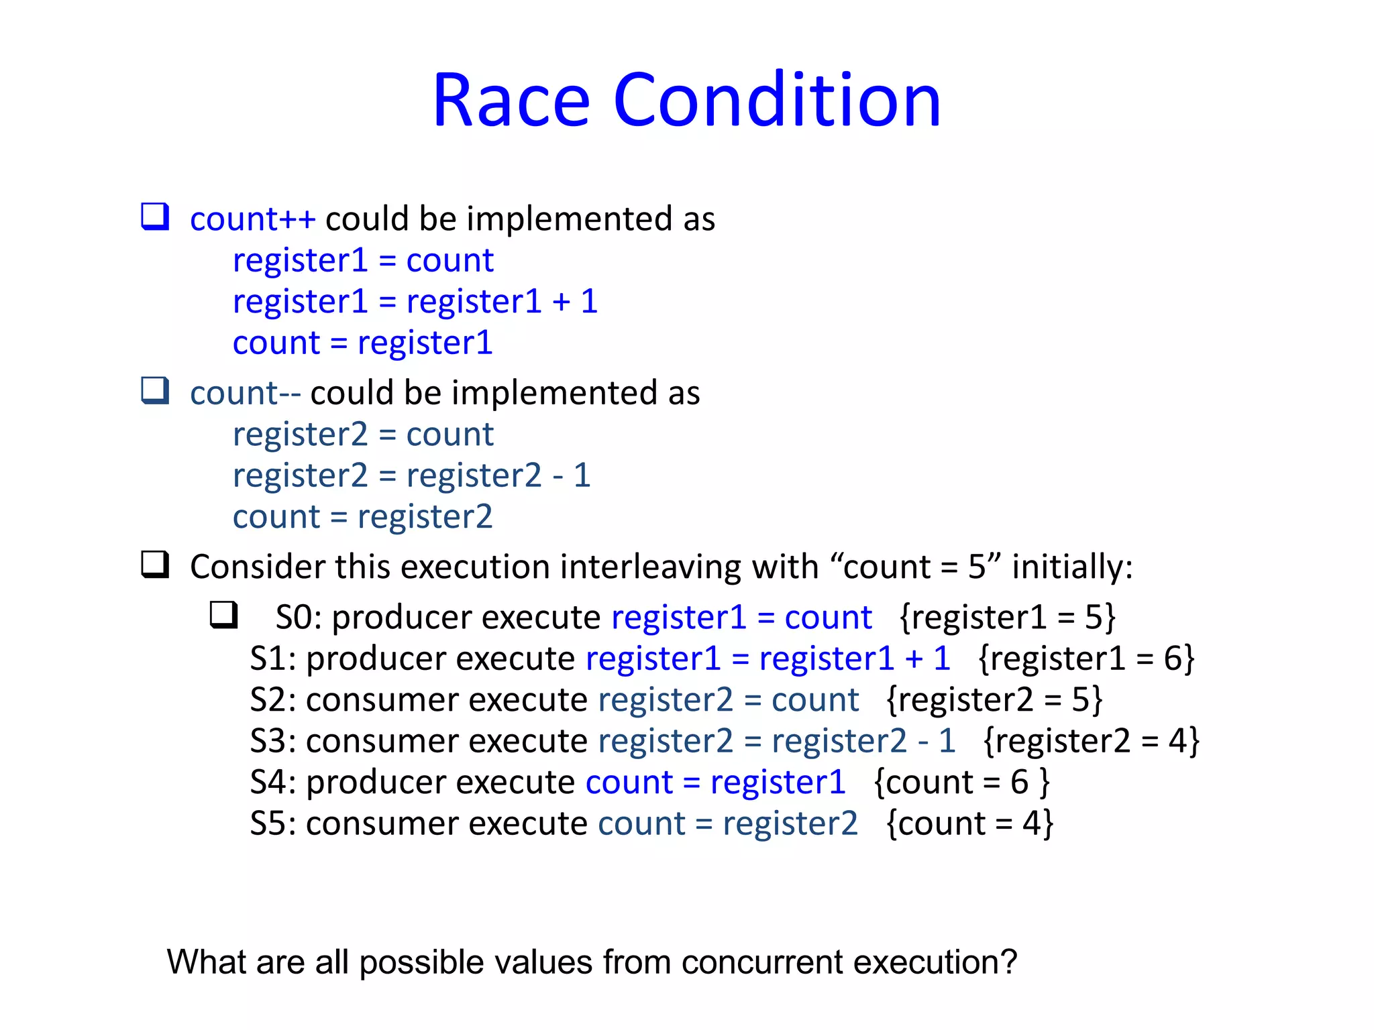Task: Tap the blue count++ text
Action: [x=252, y=219]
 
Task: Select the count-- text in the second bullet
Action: [x=245, y=393]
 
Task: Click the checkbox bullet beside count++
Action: [x=155, y=217]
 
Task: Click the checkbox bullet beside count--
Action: [x=155, y=390]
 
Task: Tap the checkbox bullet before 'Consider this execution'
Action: [x=155, y=564]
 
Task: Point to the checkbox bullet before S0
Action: [x=224, y=614]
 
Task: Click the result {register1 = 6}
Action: [x=1086, y=659]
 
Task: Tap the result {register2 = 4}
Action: [x=1091, y=742]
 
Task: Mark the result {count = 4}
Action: [x=969, y=824]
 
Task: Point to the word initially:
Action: [x=1072, y=567]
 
